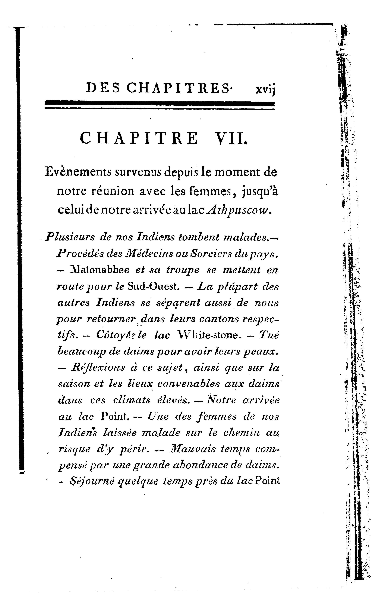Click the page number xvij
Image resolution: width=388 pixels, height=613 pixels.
pos(266,89)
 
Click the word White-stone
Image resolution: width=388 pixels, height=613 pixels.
pos(209,335)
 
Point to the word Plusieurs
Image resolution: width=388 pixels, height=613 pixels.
pos(70,237)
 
